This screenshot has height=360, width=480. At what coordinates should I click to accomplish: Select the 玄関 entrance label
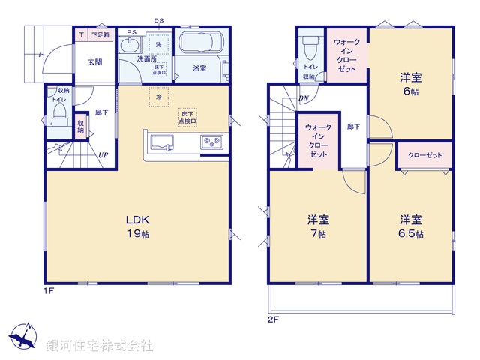coord(94,62)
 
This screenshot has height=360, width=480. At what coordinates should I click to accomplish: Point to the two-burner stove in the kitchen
coord(209,142)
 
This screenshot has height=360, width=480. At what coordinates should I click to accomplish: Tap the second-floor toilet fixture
coord(308,48)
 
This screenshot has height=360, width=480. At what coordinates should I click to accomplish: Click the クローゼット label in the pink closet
coord(424,155)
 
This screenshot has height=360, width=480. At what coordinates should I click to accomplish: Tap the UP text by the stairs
coord(103,156)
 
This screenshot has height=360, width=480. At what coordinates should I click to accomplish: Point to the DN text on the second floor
coord(303,97)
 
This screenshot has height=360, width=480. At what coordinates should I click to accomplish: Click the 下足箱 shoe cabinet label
coord(100,34)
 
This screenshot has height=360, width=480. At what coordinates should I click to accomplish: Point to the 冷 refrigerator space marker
coord(159,97)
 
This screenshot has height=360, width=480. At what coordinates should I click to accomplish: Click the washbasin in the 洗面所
coord(132,42)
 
